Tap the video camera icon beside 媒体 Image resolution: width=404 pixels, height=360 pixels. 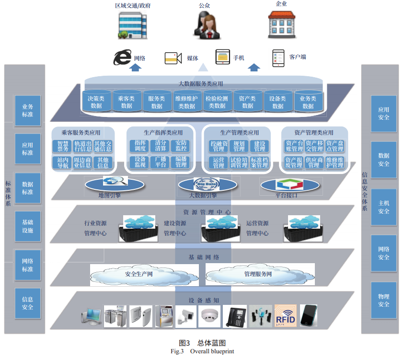point(173,58)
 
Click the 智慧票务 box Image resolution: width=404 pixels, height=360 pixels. point(63,146)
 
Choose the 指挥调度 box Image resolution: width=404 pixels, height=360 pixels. point(140,146)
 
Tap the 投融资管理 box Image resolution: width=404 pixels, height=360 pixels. point(219,146)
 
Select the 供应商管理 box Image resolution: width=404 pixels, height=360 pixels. point(314,162)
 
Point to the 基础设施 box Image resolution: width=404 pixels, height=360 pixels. point(27,226)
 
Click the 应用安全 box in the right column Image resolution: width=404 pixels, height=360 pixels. point(383,114)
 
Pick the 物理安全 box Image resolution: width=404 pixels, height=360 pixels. point(383,301)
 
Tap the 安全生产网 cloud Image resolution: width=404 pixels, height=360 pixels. point(139,275)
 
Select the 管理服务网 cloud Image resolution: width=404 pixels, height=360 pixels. point(258,275)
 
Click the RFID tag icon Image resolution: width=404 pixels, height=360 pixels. point(286,317)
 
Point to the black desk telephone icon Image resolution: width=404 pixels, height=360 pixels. point(235,316)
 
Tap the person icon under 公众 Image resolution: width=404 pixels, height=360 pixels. point(205,25)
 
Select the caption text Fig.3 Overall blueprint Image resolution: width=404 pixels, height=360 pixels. point(202,352)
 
